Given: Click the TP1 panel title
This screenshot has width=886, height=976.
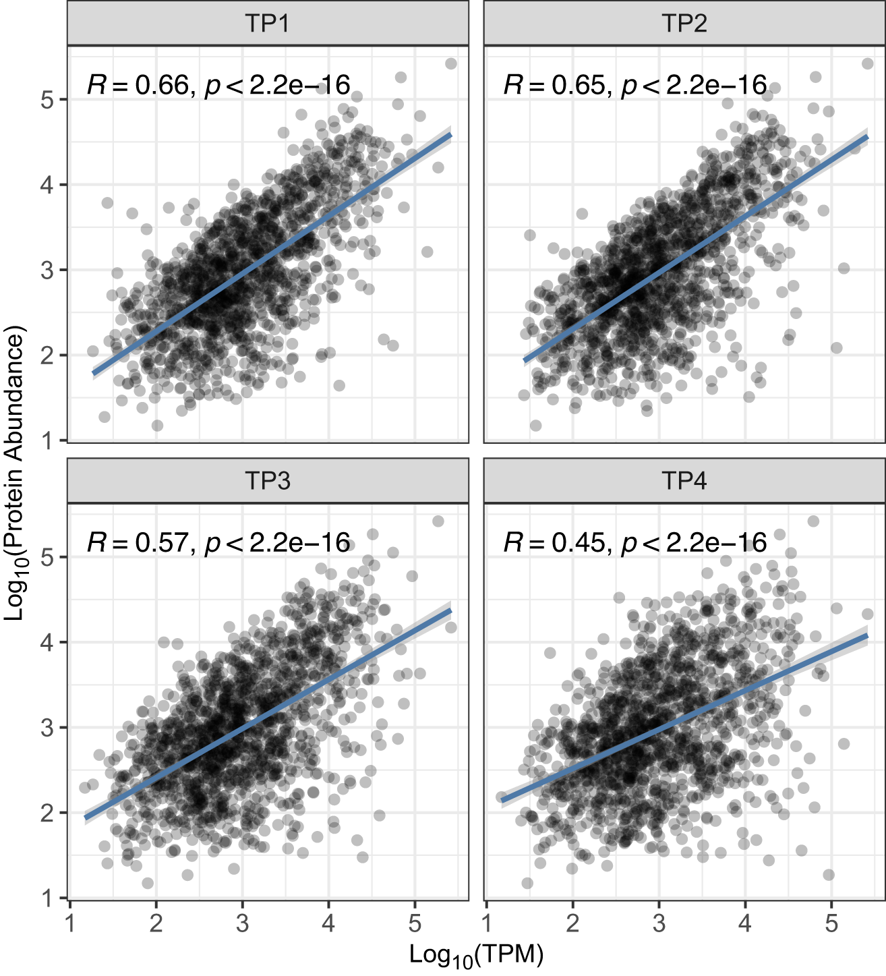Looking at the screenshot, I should (x=268, y=24).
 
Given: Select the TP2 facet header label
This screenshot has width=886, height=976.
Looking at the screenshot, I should (x=684, y=24).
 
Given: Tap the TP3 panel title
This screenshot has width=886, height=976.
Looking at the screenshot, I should (x=268, y=481).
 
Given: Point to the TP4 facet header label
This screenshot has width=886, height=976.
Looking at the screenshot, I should (x=684, y=481).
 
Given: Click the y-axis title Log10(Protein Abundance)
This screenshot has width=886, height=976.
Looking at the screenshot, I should (x=15, y=472).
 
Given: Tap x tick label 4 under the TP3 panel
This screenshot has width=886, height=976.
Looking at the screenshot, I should (x=328, y=923).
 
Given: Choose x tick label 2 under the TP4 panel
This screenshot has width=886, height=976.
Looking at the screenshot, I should (x=572, y=923).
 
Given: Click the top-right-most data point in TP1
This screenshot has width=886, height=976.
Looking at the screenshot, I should (x=451, y=63).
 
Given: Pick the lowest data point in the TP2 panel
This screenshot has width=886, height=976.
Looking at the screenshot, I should (x=535, y=425).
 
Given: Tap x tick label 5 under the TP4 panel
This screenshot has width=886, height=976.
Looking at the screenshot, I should (x=831, y=923).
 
